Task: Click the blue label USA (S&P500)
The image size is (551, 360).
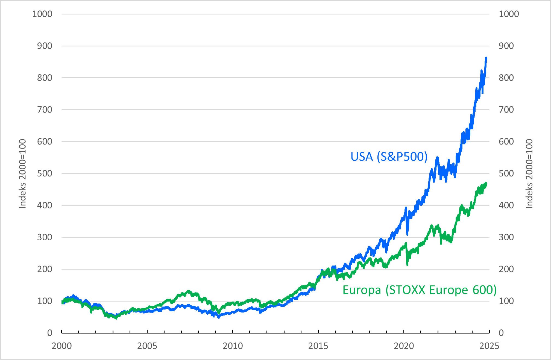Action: (x=389, y=157)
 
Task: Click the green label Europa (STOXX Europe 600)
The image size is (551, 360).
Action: (x=419, y=290)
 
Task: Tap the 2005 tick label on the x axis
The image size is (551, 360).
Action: (x=147, y=346)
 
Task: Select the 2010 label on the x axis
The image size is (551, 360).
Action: (x=233, y=346)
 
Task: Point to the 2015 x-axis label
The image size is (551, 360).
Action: (x=318, y=346)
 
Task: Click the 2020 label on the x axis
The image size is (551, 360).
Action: (x=404, y=346)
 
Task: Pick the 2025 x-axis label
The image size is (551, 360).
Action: (x=489, y=346)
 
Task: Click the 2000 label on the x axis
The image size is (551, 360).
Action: (x=62, y=346)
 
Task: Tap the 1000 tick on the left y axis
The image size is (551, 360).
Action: (x=42, y=14)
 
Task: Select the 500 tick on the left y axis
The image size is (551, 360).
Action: (x=45, y=173)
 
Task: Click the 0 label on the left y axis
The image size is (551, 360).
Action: (x=49, y=333)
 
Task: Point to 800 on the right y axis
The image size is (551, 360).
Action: (x=506, y=78)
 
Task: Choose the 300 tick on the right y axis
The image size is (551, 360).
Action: (x=506, y=237)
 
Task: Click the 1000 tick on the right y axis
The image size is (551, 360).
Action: (x=509, y=14)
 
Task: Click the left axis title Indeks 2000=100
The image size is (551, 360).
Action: (x=22, y=174)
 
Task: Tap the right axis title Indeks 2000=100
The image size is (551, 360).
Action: (x=529, y=174)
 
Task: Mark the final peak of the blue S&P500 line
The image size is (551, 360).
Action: (x=486, y=58)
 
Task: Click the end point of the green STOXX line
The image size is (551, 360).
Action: (x=486, y=183)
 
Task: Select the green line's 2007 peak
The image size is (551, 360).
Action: (x=188, y=291)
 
